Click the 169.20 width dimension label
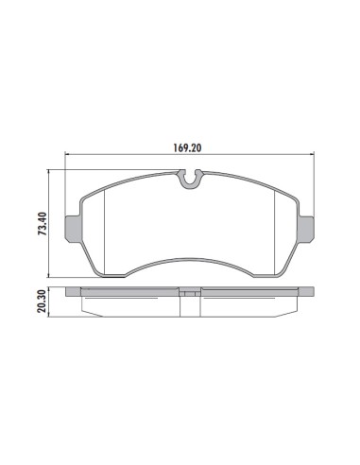[x=187, y=147]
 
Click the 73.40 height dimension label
[x=42, y=224]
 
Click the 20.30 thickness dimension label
[x=42, y=301]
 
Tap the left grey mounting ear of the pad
[x=73, y=229]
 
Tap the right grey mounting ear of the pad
[x=306, y=229]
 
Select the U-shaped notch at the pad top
[x=190, y=179]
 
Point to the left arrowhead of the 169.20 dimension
[x=66, y=154]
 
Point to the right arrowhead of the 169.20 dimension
[x=312, y=154]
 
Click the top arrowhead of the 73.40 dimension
[x=48, y=172]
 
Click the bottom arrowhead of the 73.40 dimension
[x=48, y=275]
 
